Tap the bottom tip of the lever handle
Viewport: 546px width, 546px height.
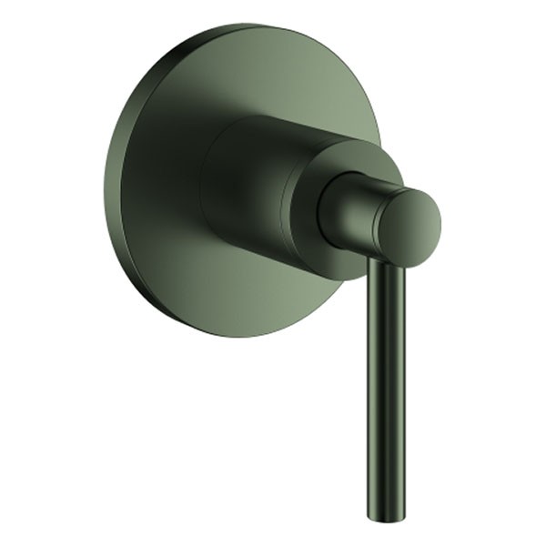tap(387, 515)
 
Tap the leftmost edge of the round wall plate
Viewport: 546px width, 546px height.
tap(106, 182)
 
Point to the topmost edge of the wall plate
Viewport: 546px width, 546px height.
tap(246, 25)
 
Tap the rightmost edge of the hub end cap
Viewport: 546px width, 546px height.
tap(440, 227)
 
